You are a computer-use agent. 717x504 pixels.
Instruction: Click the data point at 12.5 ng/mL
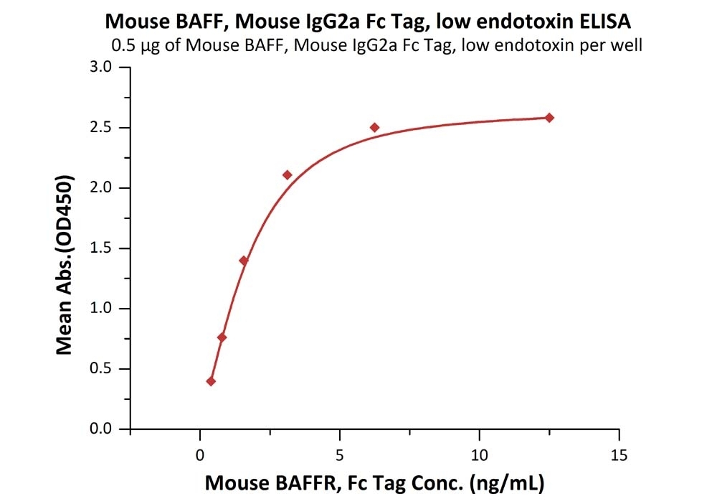(549, 118)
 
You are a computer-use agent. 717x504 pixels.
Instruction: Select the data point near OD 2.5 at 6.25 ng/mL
(374, 128)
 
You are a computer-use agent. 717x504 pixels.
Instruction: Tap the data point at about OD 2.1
(288, 175)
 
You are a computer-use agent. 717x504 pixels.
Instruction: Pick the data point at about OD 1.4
(244, 261)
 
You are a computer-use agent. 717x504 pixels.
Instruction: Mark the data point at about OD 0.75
(222, 337)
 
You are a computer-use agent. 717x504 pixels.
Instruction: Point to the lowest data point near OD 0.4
(211, 381)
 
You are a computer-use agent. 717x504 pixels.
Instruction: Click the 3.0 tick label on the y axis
(100, 67)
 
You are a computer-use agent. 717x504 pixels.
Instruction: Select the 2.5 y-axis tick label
(100, 128)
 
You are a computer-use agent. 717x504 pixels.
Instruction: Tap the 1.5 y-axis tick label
(100, 248)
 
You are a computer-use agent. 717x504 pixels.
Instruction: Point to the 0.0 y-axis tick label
(100, 429)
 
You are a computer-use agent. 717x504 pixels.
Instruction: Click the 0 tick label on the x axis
(200, 454)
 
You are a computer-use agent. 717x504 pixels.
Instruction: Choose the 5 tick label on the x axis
(340, 454)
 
